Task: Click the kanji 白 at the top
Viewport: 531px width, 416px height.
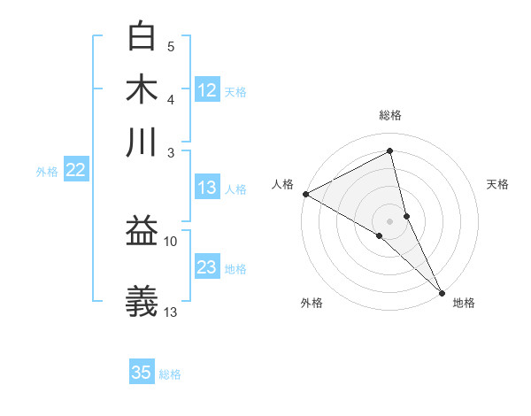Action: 142,36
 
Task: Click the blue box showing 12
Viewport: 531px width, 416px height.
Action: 207,90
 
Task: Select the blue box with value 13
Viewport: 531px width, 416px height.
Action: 207,188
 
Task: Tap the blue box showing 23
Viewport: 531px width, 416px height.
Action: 207,267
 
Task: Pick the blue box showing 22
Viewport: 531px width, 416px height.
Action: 75,171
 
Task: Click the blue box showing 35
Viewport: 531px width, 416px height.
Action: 142,373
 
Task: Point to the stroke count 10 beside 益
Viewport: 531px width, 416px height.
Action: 171,241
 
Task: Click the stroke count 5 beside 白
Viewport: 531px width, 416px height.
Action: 171,46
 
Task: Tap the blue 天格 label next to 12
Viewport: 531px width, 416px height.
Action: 235,91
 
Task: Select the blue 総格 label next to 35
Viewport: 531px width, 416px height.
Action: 170,374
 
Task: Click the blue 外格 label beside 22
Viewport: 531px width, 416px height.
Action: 46,172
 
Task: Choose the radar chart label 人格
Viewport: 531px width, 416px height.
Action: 282,184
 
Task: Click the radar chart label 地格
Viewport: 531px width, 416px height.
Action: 464,303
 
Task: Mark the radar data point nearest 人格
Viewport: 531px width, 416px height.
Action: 305,194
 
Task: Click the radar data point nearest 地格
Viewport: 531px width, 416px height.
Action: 442,291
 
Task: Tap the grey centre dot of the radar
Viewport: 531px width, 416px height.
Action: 390,220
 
